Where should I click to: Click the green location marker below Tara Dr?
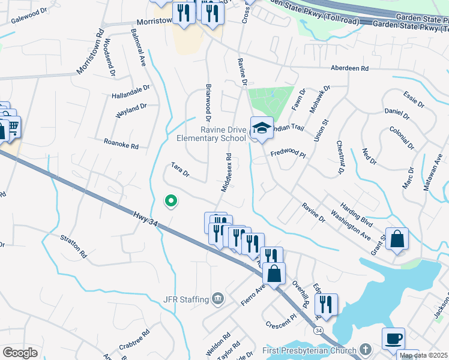coord(171,201)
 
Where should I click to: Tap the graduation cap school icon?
coord(261,128)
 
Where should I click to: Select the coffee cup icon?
coord(393,338)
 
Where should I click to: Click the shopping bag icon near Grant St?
coord(397,239)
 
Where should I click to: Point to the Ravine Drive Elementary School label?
coord(211,134)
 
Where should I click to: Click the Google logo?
coord(20,352)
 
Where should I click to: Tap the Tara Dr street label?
coord(180,170)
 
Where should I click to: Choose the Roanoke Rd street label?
coord(121,144)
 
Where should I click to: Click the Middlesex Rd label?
coord(226,172)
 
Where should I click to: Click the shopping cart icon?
coord(13,127)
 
